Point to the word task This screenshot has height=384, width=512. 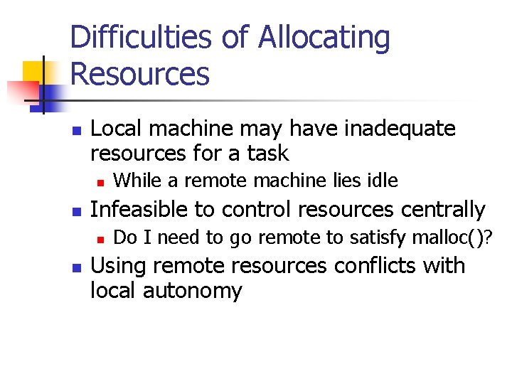(269, 153)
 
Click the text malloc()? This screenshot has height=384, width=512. (451, 238)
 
